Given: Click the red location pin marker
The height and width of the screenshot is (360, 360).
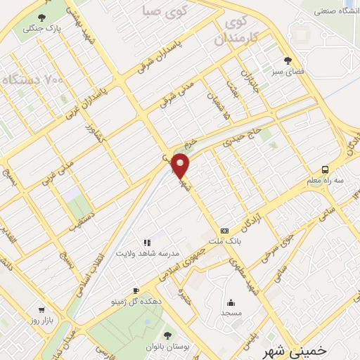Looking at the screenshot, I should click(181, 165).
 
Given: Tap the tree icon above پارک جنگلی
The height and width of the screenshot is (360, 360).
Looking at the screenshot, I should click(42, 18).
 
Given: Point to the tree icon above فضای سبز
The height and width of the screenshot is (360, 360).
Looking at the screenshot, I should click(286, 60).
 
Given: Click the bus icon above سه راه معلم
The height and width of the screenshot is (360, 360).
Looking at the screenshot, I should click(325, 169).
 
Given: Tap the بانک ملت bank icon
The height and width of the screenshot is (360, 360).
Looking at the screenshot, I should click(224, 230).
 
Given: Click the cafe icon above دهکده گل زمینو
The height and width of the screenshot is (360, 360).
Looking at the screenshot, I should click(136, 290).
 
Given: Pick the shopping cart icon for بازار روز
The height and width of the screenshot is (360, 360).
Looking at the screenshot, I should click(41, 310).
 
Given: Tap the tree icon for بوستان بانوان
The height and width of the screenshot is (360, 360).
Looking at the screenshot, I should click(167, 335).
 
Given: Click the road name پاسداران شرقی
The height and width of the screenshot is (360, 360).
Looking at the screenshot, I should click(169, 58).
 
